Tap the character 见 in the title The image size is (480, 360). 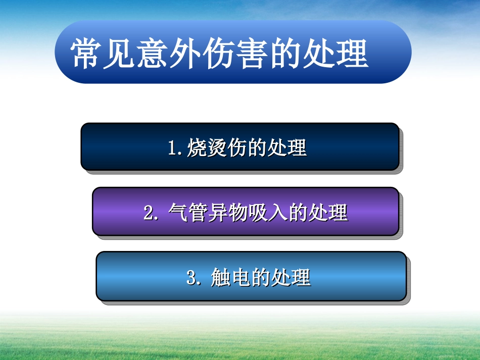120,53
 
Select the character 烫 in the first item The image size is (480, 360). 215,148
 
